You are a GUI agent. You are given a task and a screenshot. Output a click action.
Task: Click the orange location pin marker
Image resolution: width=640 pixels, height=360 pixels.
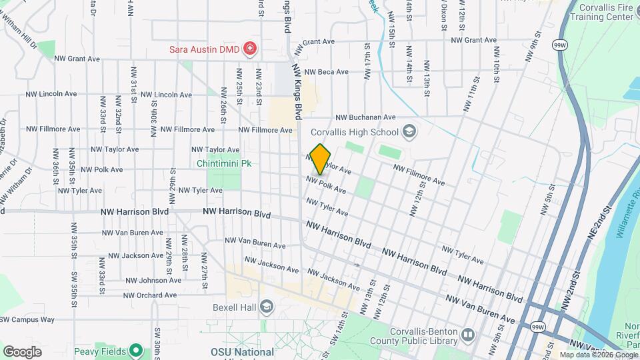pos(321,159)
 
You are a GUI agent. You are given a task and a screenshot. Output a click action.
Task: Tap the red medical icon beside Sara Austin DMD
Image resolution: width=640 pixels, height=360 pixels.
pos(250,47)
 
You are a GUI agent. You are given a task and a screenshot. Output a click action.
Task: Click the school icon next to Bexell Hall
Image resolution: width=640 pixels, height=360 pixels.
pos(266,307)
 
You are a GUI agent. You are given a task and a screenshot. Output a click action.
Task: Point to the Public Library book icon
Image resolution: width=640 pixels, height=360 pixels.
pos(467,334)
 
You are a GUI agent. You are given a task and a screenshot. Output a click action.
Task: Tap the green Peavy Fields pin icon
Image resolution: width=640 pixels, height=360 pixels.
pos(136,350)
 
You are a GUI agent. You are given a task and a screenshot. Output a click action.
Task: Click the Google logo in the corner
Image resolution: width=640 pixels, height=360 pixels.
pos(22,352)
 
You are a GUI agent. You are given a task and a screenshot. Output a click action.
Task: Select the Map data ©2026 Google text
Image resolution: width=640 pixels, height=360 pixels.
pos(599,355)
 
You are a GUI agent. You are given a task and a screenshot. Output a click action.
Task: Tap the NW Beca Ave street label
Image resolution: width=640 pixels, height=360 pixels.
pos(326,72)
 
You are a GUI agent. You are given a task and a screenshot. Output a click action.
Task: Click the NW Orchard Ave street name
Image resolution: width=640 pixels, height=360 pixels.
pos(150,295)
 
